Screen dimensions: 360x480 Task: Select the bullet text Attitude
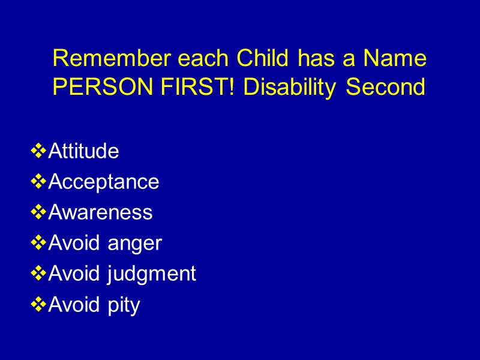coord(83,151)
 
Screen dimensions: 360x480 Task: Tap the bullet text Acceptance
coord(103,182)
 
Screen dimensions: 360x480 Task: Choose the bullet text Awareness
coord(100,212)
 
